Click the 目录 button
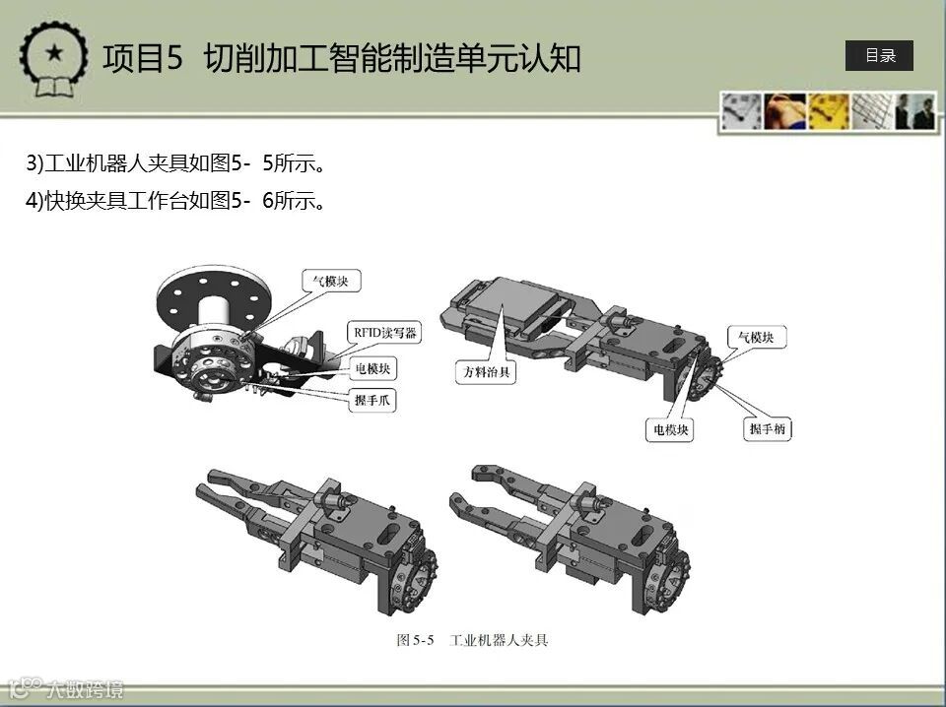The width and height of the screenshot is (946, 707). (879, 55)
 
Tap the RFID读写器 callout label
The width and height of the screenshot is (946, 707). (384, 333)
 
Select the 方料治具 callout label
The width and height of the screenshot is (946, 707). (486, 372)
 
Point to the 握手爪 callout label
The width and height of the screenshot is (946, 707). (372, 400)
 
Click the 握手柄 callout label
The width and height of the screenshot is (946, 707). (767, 429)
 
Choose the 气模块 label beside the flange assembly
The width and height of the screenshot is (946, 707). (331, 281)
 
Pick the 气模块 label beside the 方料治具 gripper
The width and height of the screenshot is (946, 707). (757, 338)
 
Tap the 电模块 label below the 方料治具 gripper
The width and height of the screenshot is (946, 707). (670, 429)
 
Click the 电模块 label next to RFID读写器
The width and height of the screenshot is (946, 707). (372, 368)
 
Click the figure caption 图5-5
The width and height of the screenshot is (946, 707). (416, 640)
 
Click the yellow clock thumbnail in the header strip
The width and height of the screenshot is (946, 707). (829, 111)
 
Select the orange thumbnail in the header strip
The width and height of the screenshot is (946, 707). (785, 111)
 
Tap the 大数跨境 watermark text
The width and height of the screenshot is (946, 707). (85, 688)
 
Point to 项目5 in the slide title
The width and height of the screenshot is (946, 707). (142, 58)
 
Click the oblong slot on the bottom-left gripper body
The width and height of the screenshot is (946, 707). (391, 534)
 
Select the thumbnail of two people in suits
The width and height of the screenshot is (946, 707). (915, 111)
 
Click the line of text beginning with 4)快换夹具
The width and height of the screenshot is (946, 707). (175, 201)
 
